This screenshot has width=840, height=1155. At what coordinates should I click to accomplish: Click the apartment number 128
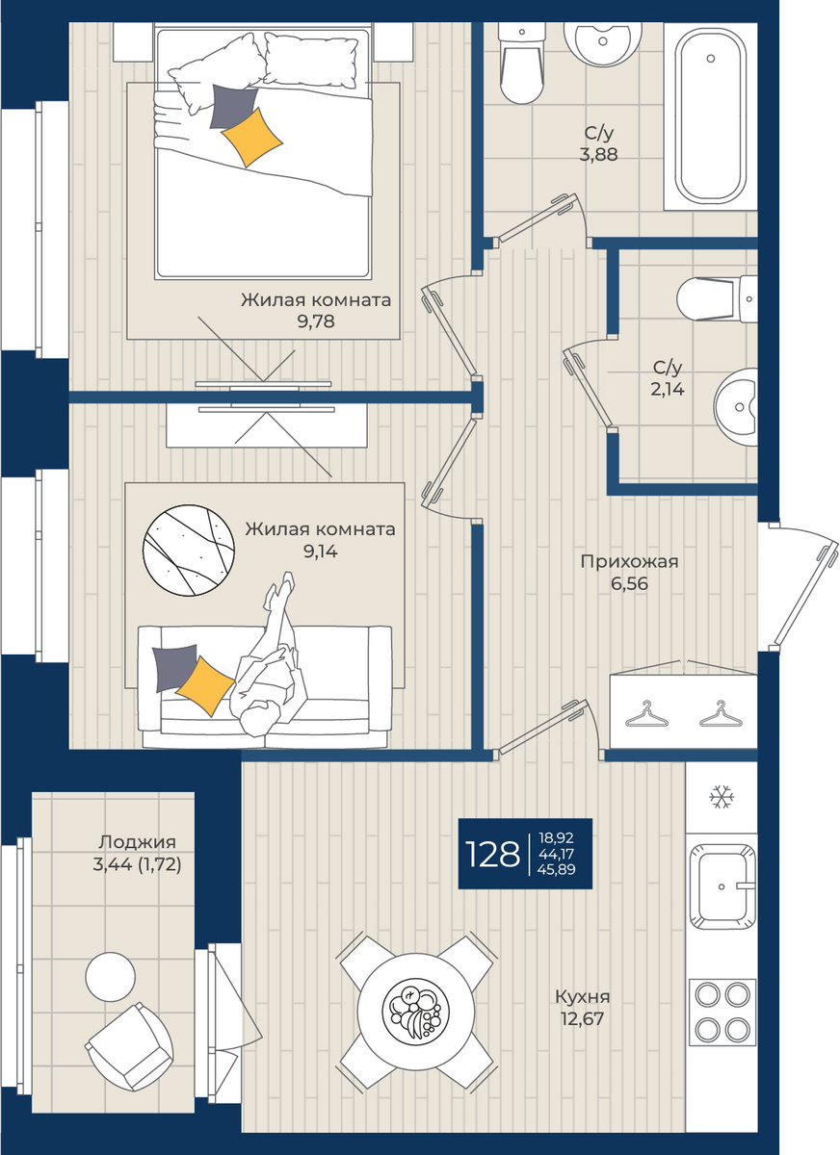pos(492,854)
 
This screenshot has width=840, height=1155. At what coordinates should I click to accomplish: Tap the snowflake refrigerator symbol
pos(722,797)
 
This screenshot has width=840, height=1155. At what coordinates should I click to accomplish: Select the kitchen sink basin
pos(722,886)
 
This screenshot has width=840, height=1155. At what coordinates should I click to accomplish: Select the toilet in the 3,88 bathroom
pos(522,63)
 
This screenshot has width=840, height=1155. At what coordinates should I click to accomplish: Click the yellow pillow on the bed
pos(251,137)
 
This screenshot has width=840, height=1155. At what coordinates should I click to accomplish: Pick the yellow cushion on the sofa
pos(205,685)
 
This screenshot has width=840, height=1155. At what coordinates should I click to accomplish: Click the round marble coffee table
pos(189,551)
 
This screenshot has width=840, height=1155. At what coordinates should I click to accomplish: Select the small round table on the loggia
pos(111,977)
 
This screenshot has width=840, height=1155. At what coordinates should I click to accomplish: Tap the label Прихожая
pos(629,561)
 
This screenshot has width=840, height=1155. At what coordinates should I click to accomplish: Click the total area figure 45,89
pos(556,869)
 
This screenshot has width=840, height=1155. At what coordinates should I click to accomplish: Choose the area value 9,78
pos(315,321)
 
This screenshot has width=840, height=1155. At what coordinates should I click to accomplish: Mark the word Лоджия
pos(137,842)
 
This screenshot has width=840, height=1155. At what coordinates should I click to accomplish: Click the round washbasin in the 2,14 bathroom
pos(736,407)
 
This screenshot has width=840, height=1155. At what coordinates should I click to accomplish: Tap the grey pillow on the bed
pos(233,106)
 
